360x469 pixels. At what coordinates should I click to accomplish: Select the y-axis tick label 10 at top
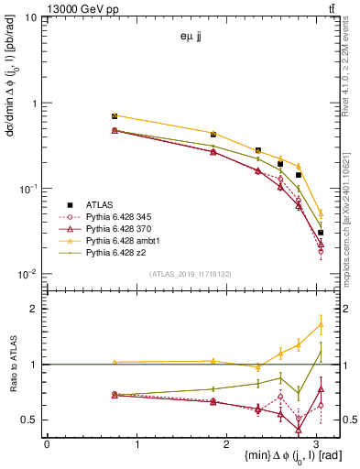point(31,18)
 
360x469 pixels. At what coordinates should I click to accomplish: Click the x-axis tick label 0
point(47,444)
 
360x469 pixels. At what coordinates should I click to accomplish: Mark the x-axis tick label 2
point(227,444)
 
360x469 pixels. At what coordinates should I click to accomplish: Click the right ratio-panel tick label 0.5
point(342,420)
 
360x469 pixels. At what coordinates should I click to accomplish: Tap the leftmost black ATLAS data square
point(115,116)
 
